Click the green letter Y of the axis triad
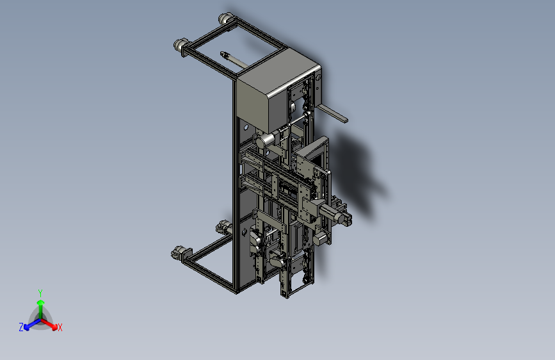point(40,293)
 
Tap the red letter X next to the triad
point(60,327)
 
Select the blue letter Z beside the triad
point(21,327)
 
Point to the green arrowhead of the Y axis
point(41,302)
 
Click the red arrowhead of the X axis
point(54,327)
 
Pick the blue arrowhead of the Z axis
point(26,328)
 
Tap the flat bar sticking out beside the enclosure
point(332,113)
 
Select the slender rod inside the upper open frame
point(234,60)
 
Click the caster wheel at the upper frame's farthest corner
point(226,19)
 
